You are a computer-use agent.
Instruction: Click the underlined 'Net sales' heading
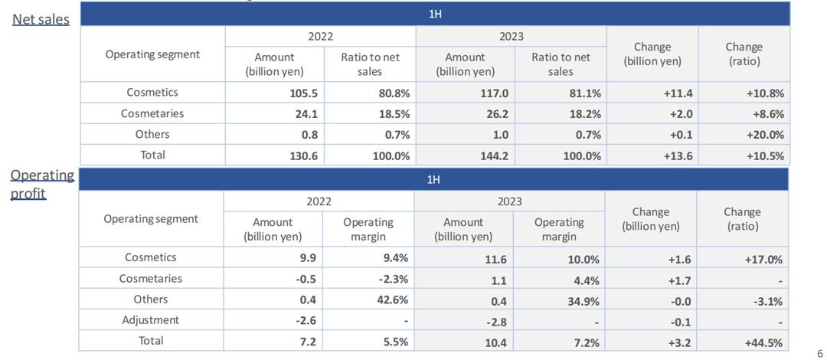pos(41,19)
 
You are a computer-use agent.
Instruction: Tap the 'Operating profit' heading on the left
pos(42,184)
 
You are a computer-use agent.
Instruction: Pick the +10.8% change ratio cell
pos(765,93)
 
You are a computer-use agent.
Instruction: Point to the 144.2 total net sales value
pos(493,155)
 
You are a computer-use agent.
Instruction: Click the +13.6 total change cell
pos(677,155)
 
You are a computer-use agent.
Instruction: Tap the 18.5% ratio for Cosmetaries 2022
pos(394,113)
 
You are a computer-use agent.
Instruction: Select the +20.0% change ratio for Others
pos(765,135)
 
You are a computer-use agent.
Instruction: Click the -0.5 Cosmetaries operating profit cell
pos(306,279)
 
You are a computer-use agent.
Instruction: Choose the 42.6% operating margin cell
pos(392,300)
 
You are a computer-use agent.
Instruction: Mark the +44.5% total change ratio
pos(763,342)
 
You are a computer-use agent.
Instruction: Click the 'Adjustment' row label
pos(150,320)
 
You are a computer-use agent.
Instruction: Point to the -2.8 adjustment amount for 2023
pos(494,322)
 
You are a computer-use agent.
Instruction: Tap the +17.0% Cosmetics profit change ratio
pos(763,260)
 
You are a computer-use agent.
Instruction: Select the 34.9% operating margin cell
pos(582,301)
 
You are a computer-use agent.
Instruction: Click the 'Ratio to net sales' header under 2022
pos(370,64)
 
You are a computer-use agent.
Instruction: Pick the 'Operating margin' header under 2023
pos(559,229)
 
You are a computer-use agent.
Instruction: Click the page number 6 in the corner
pos(820,353)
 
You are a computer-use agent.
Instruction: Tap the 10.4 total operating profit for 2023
pos(495,343)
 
